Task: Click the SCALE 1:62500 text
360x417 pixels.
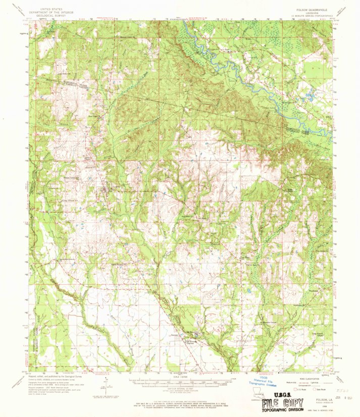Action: click(x=180, y=375)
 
